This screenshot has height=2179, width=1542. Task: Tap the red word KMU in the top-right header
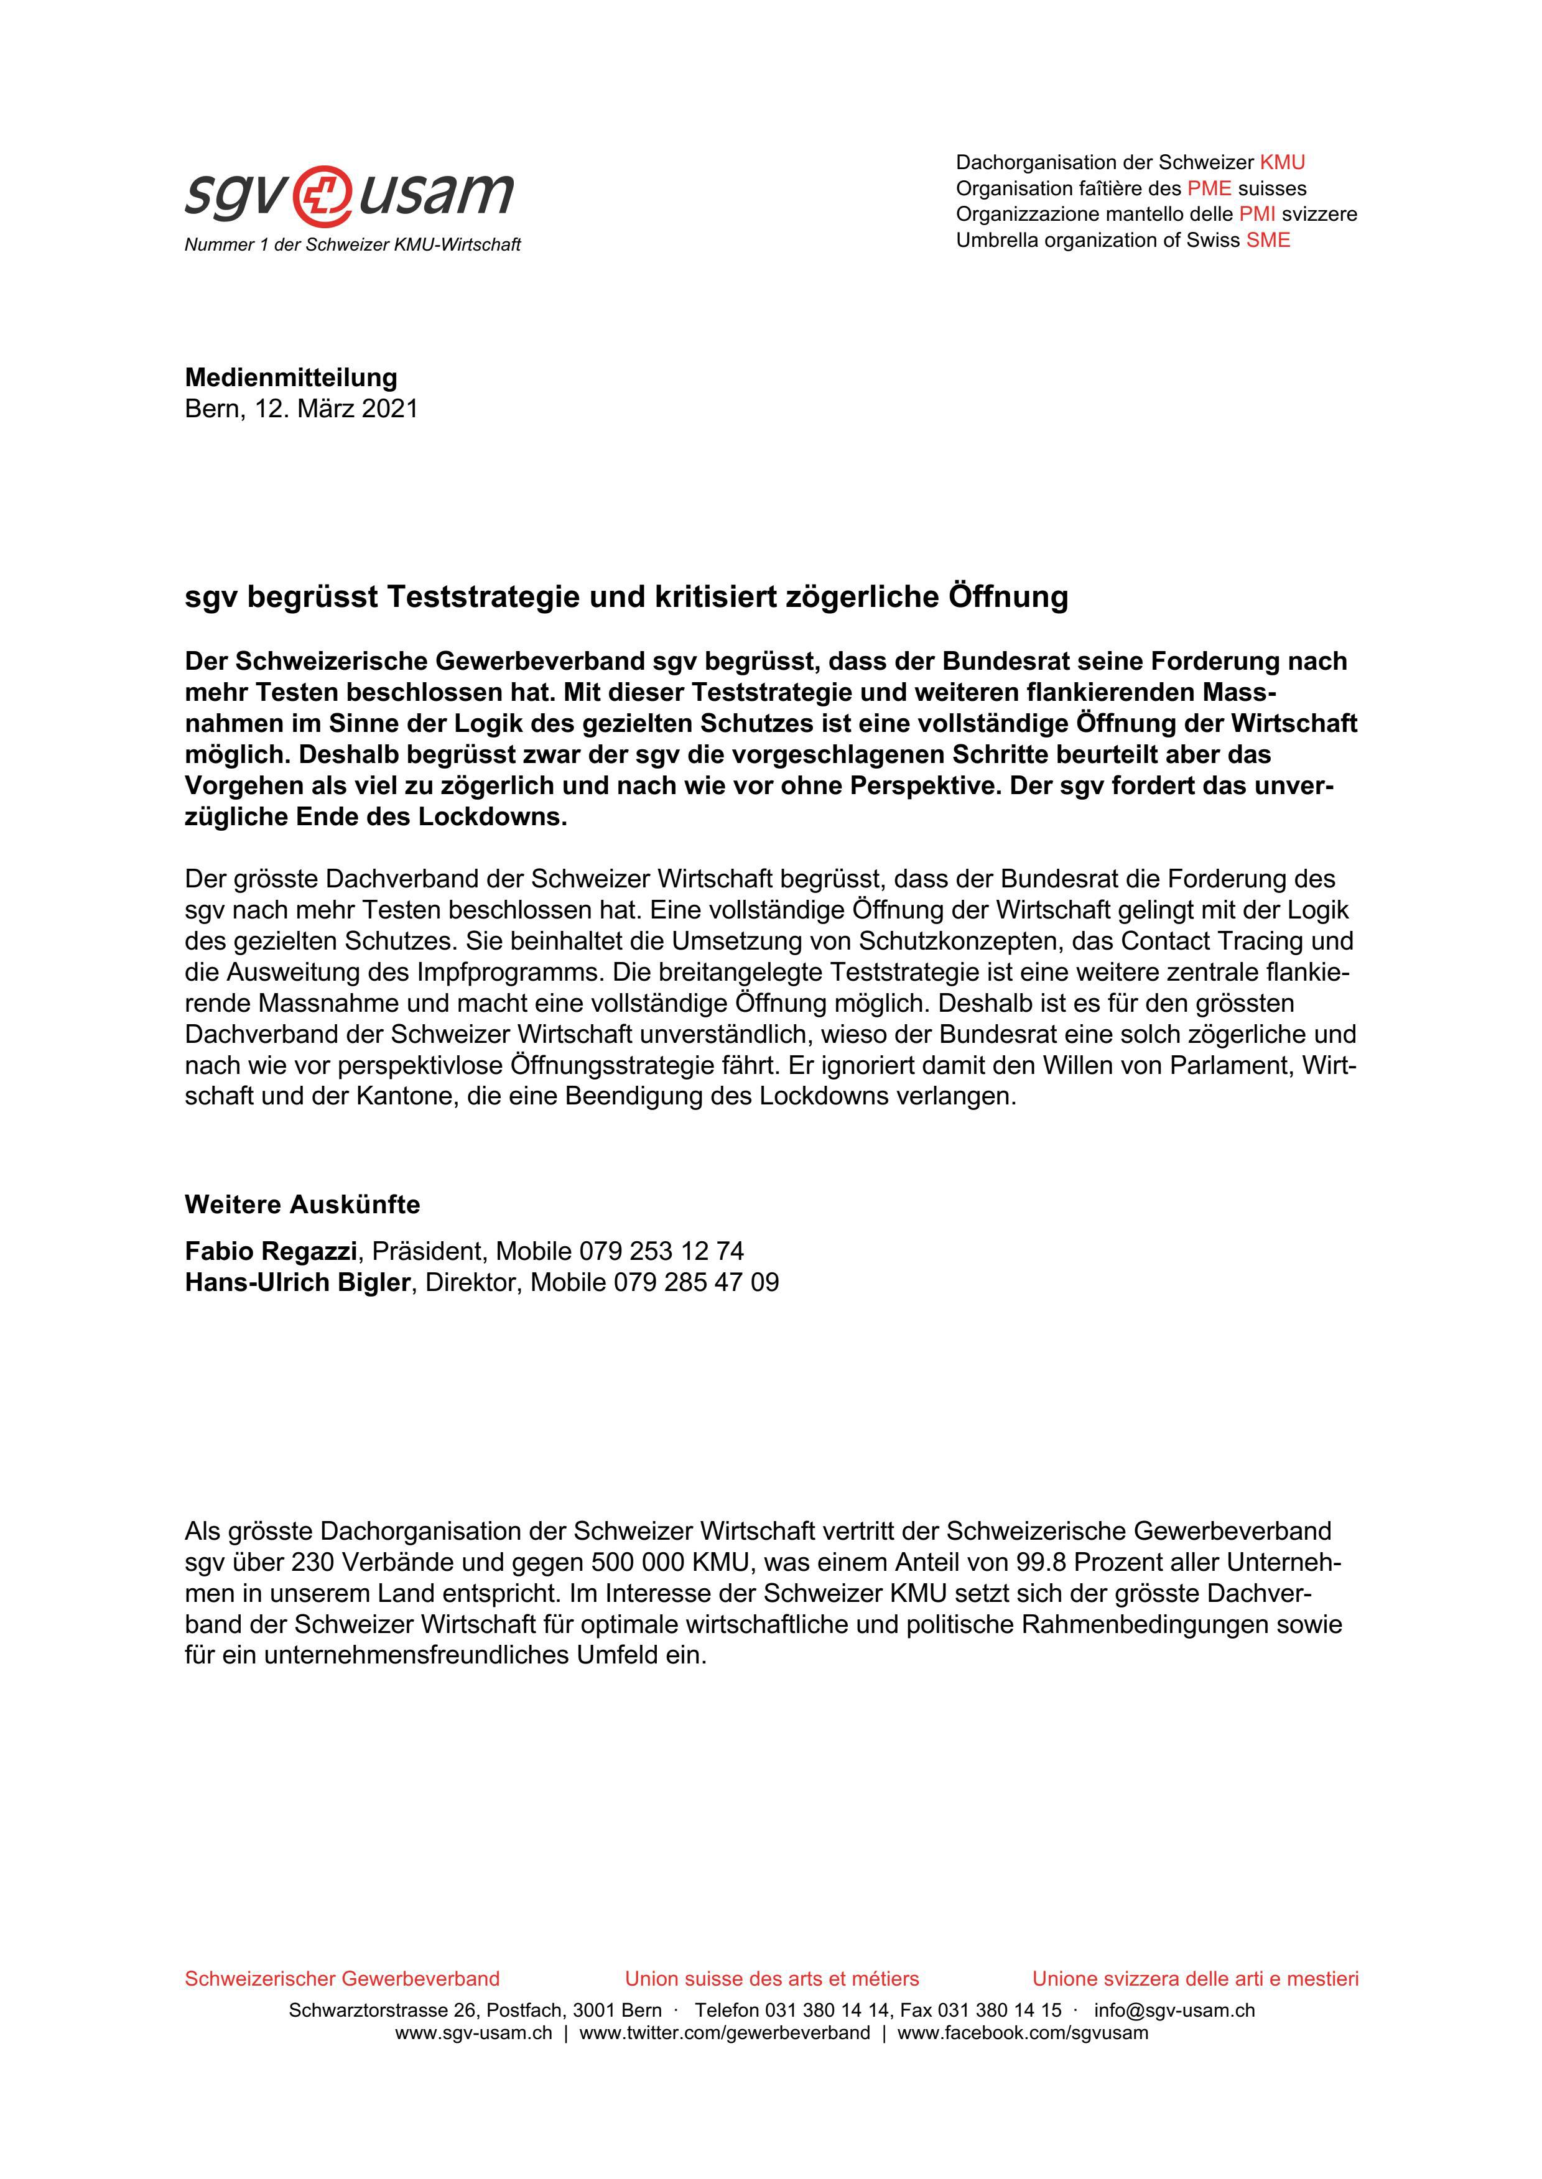(1282, 162)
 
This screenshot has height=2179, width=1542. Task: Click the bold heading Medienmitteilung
(290, 377)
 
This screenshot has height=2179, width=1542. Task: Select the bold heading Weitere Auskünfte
(302, 1205)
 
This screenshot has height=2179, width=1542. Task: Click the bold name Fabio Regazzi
(271, 1251)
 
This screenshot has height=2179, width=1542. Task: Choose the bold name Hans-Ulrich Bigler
(297, 1282)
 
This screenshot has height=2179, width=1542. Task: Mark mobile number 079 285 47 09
(696, 1282)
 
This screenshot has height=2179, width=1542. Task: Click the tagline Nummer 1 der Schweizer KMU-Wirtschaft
(352, 245)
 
